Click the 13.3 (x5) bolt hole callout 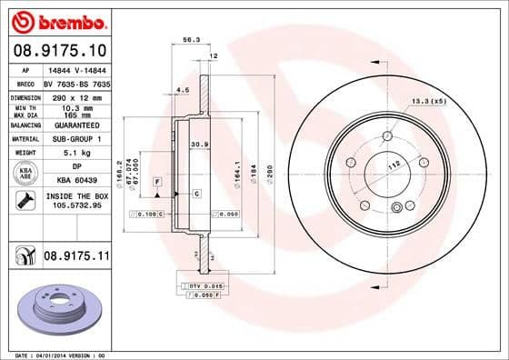(x=427, y=100)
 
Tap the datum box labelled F (x=157, y=183)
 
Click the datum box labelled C (x=196, y=194)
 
